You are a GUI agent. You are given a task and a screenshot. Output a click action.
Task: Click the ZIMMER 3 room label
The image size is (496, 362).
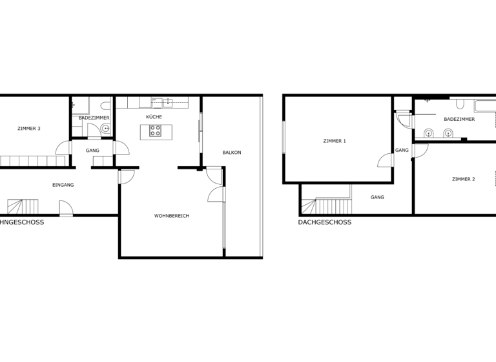29,129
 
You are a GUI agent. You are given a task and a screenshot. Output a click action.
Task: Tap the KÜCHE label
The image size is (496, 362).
154,117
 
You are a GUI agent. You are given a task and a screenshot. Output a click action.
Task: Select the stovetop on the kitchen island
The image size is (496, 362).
155,131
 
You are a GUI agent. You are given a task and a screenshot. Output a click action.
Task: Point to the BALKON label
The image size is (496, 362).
232,153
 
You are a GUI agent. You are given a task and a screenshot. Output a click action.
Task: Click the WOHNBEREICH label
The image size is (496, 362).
172,216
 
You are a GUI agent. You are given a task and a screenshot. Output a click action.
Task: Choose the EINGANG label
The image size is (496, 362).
63,185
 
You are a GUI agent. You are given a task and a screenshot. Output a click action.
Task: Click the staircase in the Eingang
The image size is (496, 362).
23,206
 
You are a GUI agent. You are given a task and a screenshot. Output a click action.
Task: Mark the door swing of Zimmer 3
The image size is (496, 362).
63,148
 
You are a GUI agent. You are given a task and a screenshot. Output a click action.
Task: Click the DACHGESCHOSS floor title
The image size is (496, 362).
325,222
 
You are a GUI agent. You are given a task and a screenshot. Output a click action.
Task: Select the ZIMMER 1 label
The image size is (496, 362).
335,141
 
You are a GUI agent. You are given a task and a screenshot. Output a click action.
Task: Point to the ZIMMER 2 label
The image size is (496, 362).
463,179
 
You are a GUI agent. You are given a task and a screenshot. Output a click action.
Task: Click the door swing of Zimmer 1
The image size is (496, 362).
386,160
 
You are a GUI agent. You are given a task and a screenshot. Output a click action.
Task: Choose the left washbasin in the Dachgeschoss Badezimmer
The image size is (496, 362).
428,134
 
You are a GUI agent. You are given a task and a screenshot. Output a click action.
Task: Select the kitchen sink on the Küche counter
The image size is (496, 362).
168,102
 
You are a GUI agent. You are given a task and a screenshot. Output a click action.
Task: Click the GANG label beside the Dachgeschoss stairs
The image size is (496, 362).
377,197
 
